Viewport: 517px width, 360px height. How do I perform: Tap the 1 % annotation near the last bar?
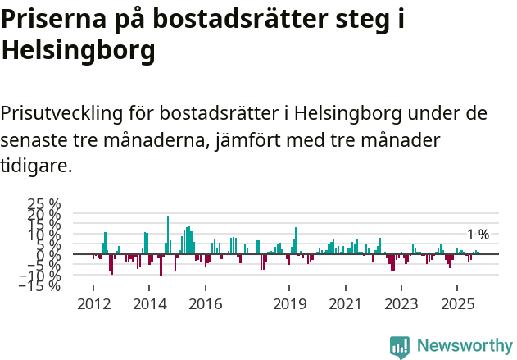[478, 235]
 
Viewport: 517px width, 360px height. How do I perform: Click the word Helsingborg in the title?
[79, 51]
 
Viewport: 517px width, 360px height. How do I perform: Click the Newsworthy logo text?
[464, 346]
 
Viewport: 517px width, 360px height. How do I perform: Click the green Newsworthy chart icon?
[400, 347]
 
